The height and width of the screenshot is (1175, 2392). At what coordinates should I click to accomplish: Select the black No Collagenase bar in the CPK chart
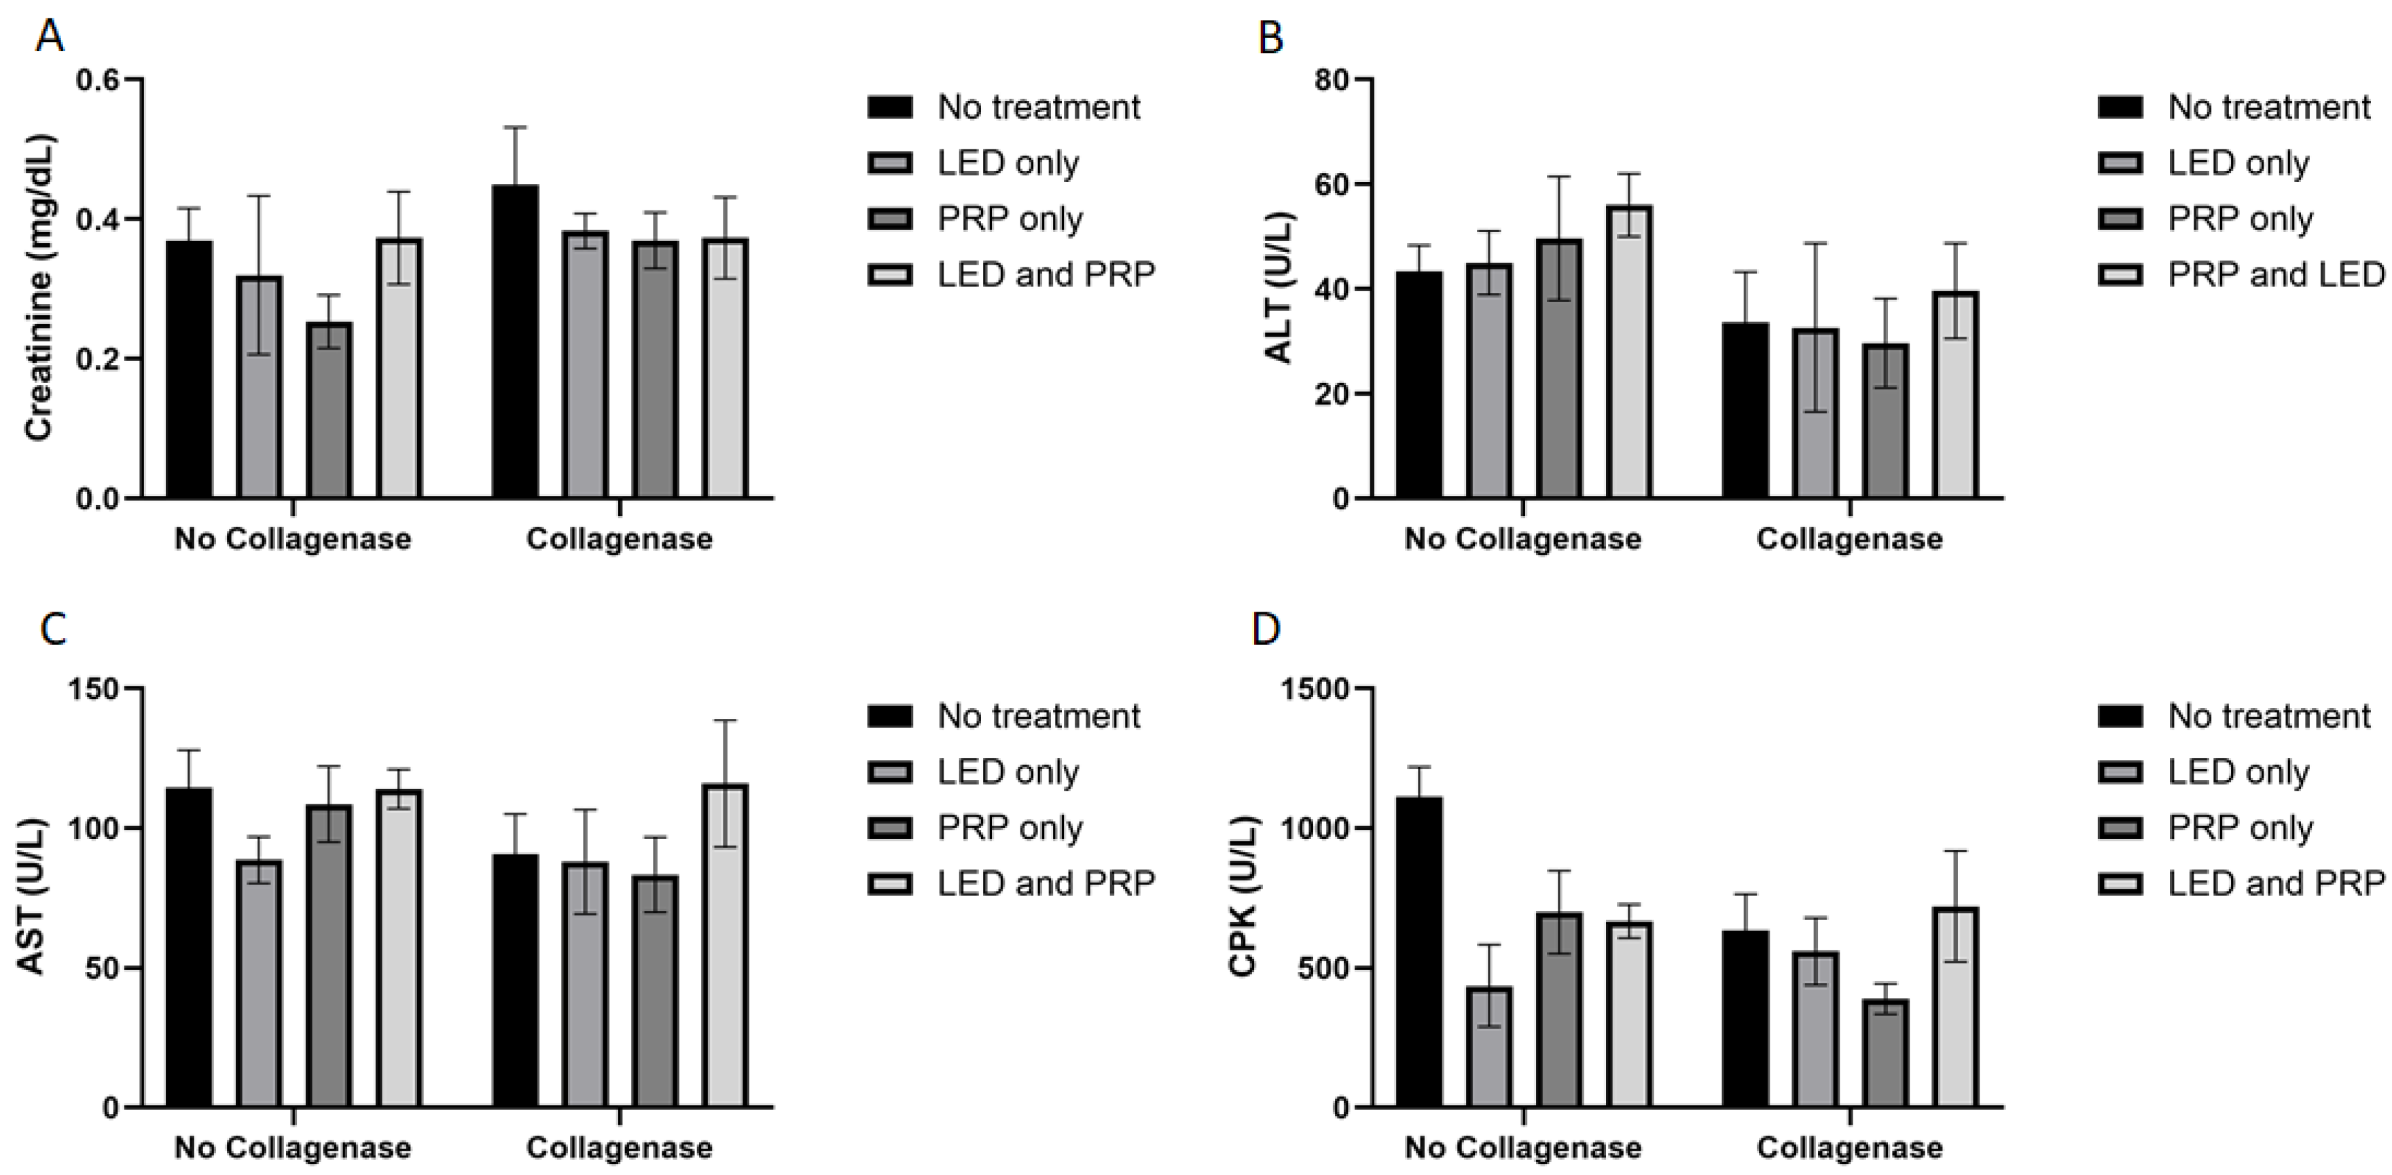point(1419,951)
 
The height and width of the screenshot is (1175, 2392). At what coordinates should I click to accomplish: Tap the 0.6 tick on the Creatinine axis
point(99,80)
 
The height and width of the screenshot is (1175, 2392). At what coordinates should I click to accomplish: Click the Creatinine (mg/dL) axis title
point(38,288)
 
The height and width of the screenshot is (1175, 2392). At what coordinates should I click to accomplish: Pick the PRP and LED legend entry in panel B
point(2275,275)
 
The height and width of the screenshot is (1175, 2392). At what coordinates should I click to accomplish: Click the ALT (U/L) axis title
point(1280,288)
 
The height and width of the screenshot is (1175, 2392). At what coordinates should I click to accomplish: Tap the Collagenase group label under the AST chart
point(620,1148)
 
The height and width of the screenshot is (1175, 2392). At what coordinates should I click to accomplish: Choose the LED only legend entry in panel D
point(2238,772)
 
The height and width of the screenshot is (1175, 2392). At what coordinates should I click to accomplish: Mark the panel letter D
point(1266,629)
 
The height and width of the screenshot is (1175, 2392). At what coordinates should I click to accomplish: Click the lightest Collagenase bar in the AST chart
point(726,947)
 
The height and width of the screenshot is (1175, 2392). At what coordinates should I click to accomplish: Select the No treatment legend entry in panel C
point(1038,717)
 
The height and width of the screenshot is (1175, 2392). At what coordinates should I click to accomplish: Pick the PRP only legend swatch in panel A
point(889,219)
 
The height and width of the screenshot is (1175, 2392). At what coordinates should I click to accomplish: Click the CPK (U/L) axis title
point(1243,897)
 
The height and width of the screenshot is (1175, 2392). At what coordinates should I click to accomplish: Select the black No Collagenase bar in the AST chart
point(190,947)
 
